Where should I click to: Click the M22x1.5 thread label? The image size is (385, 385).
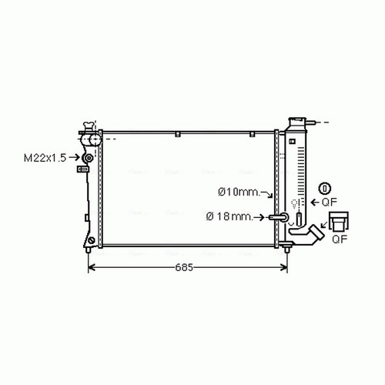pyautogui.click(x=45, y=158)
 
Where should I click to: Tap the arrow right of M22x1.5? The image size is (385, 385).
pyautogui.click(x=75, y=157)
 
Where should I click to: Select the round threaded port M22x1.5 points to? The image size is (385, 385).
pyautogui.click(x=89, y=158)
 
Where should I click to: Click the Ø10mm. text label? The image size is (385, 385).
pyautogui.click(x=239, y=192)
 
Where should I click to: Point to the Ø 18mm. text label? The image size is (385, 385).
pyautogui.click(x=229, y=216)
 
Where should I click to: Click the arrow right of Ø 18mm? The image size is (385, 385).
pyautogui.click(x=259, y=217)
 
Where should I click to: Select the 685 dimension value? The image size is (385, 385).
pyautogui.click(x=184, y=267)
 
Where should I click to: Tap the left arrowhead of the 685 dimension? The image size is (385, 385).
pyautogui.click(x=92, y=268)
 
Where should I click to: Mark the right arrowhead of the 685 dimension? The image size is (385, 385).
pyautogui.click(x=284, y=268)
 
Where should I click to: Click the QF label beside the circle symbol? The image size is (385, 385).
pyautogui.click(x=329, y=203)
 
